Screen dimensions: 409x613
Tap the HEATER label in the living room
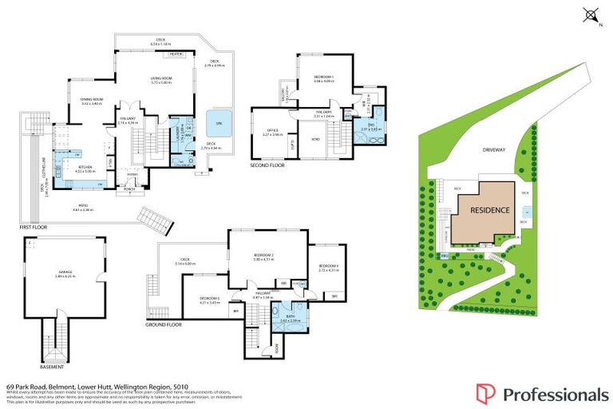pyautogui.click(x=176, y=54)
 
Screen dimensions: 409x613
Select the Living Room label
pyautogui.click(x=161, y=77)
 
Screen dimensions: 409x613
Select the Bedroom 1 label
pyautogui.click(x=322, y=77)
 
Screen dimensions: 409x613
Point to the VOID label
pyautogui.click(x=314, y=140)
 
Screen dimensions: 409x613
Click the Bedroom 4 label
pyautogui.click(x=329, y=267)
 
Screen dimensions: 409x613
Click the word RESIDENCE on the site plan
pyautogui.click(x=488, y=211)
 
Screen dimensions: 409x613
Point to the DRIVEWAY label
pyautogui.click(x=494, y=149)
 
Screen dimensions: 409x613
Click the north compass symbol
pyautogui.click(x=591, y=14)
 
